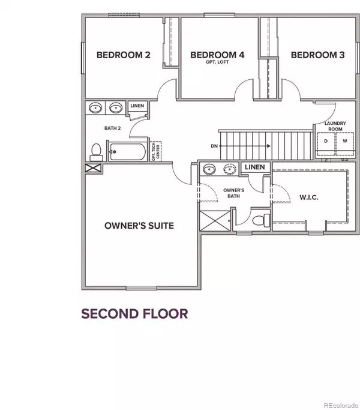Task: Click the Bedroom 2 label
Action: pos(124,55)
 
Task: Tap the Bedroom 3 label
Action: pos(317,55)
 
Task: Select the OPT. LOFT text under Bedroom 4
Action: pos(217,62)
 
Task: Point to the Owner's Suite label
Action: pos(139,226)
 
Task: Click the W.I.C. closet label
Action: pos(309,197)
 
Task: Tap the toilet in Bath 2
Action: pos(96,152)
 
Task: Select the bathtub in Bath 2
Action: pos(128,151)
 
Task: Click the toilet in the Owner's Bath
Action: pos(261,220)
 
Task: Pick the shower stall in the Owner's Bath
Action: pos(215,221)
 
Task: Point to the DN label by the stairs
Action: pos(214,146)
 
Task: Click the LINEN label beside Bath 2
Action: pos(137,106)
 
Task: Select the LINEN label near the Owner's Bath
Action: pos(254,167)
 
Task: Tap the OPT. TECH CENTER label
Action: pos(156,151)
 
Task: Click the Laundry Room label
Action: pos(335,126)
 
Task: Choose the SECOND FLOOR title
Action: pos(134,314)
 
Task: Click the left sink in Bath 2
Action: pos(95,107)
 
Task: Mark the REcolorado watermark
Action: pos(341,406)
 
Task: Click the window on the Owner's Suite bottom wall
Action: pos(142,289)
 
